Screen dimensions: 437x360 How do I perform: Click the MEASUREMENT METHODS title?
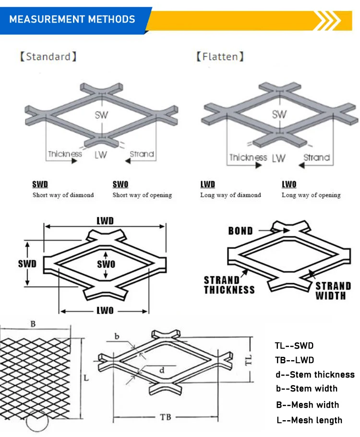72,20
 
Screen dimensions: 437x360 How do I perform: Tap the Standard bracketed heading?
48,57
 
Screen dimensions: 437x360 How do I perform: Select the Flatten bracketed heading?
220,57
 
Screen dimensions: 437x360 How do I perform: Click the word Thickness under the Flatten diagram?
248,158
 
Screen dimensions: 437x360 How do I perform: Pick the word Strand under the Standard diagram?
142,154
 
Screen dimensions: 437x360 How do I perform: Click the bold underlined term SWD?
40,184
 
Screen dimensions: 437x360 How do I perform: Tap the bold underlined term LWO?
289,184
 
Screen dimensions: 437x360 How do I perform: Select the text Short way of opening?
142,195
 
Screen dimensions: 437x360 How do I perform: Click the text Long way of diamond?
230,195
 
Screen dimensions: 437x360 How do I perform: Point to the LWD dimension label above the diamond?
105,220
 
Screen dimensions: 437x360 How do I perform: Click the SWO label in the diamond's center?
106,265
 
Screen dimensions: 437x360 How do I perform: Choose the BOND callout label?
240,231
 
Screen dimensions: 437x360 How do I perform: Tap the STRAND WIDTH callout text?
333,291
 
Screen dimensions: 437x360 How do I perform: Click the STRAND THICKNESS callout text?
229,285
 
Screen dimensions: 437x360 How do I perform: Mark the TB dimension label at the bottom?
166,417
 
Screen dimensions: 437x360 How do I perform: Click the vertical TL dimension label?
262,360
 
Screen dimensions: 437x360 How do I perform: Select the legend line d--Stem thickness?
315,375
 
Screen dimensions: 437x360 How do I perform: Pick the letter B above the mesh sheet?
33,324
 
